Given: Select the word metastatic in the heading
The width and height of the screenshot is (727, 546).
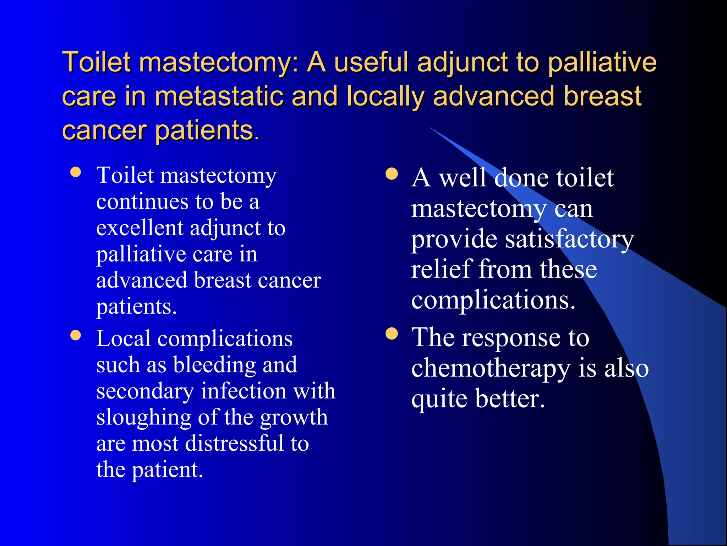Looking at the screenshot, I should [x=219, y=97].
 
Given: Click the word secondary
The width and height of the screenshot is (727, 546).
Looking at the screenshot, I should [x=145, y=391].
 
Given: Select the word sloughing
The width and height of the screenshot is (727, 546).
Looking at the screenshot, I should [x=144, y=418].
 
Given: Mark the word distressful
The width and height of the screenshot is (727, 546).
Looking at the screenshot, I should [x=234, y=444].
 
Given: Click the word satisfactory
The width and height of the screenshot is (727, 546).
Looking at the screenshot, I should [x=569, y=240].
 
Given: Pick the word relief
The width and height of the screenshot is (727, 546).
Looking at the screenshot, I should [x=441, y=269].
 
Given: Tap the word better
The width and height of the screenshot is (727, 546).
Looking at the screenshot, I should [x=510, y=399].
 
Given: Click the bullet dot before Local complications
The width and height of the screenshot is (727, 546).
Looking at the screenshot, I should [x=76, y=335].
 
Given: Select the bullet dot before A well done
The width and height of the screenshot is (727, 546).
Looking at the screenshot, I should [x=392, y=174].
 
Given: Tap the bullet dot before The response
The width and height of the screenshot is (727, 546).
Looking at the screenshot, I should [x=392, y=334].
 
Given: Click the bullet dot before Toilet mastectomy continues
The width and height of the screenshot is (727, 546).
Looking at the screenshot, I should [x=76, y=172].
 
